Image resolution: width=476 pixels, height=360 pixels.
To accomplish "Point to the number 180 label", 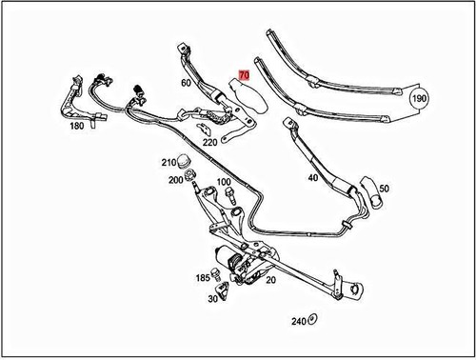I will [x=79, y=128].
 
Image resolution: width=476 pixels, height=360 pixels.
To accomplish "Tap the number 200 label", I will [x=175, y=180].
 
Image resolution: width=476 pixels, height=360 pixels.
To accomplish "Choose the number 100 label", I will [x=224, y=182].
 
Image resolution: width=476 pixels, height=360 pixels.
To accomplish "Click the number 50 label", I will [x=384, y=190].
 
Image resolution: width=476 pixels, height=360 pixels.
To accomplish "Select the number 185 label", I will [x=203, y=278].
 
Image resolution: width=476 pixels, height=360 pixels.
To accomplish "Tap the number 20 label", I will [x=270, y=281].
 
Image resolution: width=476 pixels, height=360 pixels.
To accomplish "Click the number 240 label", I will [x=298, y=322].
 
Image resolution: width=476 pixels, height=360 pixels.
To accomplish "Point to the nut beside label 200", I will [x=189, y=176].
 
